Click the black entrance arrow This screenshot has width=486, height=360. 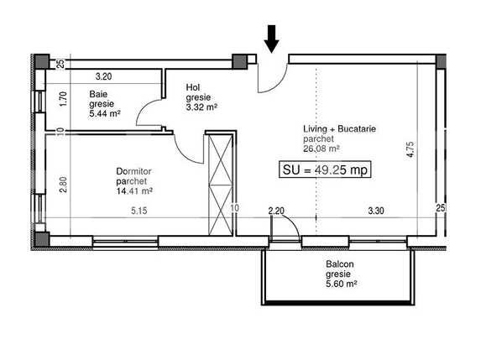coord(271,39)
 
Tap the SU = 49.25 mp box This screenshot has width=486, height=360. coord(325,170)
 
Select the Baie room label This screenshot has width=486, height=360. coord(98,94)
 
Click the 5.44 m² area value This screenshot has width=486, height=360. coord(105,113)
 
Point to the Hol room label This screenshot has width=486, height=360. coord(193,87)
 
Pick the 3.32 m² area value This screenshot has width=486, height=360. coord(201,107)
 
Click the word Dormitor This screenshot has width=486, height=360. coord(133,171)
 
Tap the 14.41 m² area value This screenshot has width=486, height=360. coord(134,191)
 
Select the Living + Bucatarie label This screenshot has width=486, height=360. coord(339,129)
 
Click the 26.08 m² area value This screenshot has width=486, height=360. coord(321,149)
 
